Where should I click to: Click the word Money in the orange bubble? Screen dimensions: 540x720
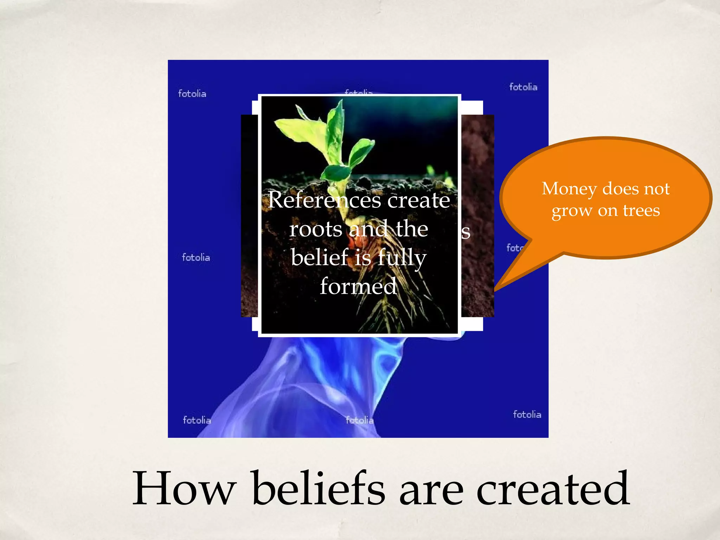pyautogui.click(x=569, y=189)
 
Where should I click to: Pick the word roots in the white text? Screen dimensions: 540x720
pyautogui.click(x=315, y=229)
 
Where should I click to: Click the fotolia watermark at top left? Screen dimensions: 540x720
pyautogui.click(x=192, y=94)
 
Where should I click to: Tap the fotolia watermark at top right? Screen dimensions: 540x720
pyautogui.click(x=523, y=87)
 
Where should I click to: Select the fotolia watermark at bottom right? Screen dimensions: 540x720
pyautogui.click(x=527, y=414)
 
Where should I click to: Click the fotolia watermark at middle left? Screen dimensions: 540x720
pyautogui.click(x=196, y=257)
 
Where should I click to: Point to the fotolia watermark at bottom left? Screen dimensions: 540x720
pyautogui.click(x=197, y=420)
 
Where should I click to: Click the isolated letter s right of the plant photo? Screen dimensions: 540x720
pyautogui.click(x=466, y=232)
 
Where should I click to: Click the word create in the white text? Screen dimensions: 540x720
pyautogui.click(x=418, y=200)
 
